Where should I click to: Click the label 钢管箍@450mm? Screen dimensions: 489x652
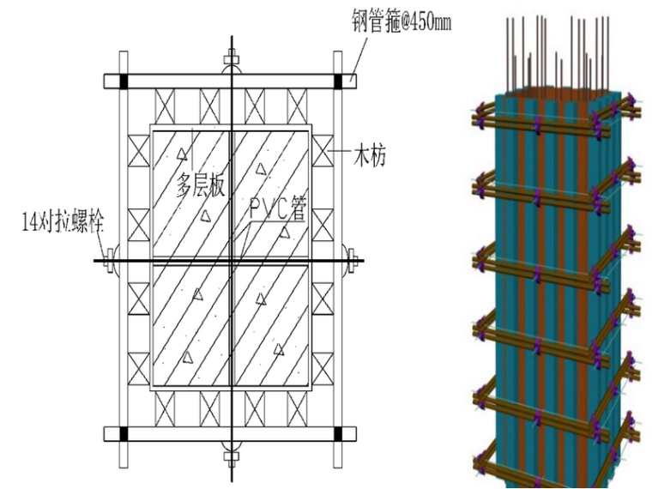coord(400,21)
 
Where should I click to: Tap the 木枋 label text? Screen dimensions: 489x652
coord(370,156)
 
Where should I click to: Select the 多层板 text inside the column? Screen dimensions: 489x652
coord(201,184)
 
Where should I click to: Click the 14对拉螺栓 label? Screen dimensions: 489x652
coord(62,225)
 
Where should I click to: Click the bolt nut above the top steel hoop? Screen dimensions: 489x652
coord(231,60)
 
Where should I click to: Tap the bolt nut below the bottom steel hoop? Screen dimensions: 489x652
coord(231,450)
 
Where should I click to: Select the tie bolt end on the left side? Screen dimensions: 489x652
coord(109,260)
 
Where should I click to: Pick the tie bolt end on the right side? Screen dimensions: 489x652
coord(353,260)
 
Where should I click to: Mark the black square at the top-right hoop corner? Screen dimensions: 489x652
coord(337,82)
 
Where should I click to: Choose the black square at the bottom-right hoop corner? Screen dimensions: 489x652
coord(337,433)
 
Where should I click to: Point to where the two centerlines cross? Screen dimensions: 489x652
coord(231,260)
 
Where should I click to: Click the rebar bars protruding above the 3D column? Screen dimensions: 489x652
coord(558,47)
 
